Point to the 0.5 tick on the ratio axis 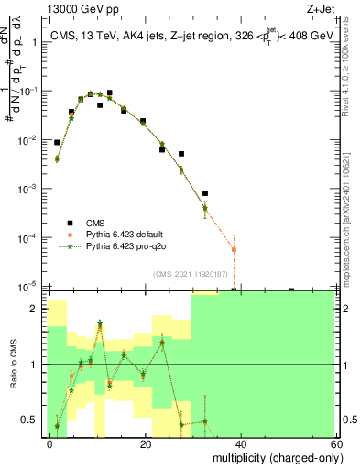coord(30,420)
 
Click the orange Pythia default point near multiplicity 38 coord(234,249)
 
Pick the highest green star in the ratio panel coord(100,323)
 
